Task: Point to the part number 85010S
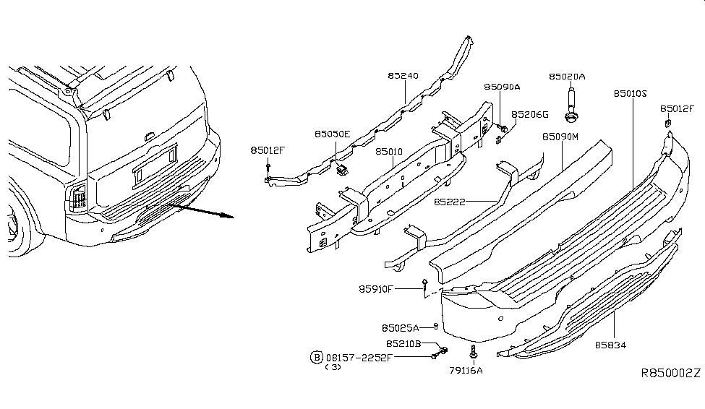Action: click(631, 93)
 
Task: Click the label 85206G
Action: click(530, 114)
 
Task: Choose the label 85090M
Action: click(560, 136)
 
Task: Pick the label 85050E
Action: click(332, 134)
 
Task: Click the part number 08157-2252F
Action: click(359, 357)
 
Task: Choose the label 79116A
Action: click(466, 371)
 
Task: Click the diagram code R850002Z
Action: click(670, 374)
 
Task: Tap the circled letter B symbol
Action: click(315, 357)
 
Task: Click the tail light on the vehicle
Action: click(77, 197)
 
